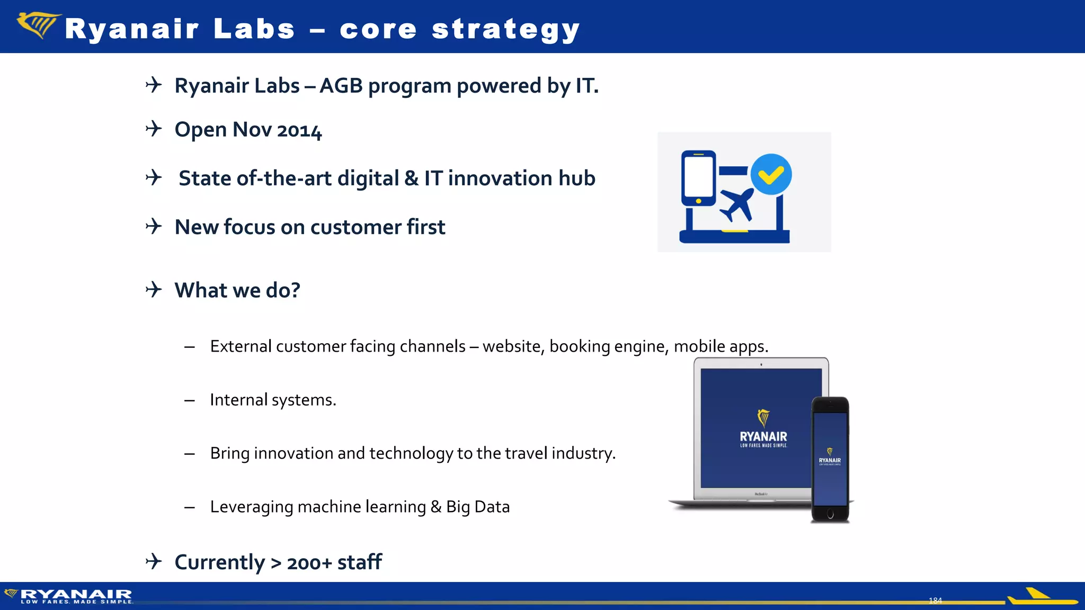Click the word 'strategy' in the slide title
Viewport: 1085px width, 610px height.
pyautogui.click(x=505, y=29)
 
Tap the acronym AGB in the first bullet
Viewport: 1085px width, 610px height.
pyautogui.click(x=341, y=86)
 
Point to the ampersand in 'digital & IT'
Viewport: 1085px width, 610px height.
pyautogui.click(x=411, y=178)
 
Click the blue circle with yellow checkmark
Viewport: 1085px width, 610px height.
pyautogui.click(x=771, y=174)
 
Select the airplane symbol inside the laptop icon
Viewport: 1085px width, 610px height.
pyautogui.click(x=736, y=204)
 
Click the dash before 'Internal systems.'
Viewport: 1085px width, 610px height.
pyautogui.click(x=190, y=400)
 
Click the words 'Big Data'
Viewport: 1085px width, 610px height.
pyautogui.click(x=477, y=507)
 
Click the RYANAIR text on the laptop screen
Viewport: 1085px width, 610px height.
pyautogui.click(x=763, y=437)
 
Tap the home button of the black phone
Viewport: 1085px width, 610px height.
pyautogui.click(x=830, y=514)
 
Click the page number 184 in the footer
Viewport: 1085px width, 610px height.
pyautogui.click(x=935, y=600)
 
